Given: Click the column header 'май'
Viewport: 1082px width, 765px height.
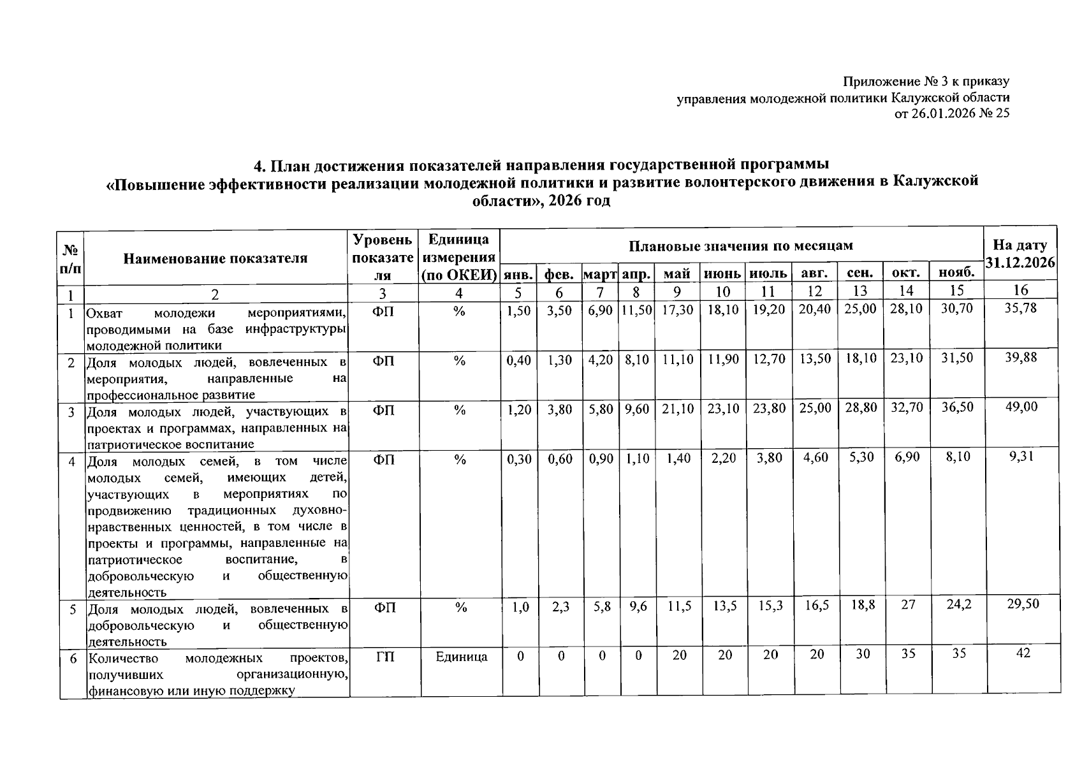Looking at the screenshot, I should (677, 274).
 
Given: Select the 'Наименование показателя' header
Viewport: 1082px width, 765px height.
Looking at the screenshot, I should (216, 258).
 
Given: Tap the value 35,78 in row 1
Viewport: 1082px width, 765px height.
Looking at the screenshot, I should (1021, 309).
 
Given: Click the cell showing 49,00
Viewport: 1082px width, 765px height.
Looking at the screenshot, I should (1021, 407).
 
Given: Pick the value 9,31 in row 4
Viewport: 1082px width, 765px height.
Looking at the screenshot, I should (1021, 456).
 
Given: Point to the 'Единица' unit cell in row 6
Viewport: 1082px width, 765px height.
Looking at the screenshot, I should (462, 657).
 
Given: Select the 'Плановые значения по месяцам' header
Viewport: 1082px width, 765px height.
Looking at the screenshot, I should (741, 245).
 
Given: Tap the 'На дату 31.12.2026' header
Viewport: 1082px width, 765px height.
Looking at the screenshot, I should (1020, 254).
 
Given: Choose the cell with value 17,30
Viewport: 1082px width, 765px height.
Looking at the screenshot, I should (677, 309).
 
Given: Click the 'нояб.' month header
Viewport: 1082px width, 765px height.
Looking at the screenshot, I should (956, 273).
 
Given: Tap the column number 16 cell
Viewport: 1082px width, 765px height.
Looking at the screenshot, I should (1021, 291).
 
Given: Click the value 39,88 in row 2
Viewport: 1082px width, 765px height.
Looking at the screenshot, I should (1021, 358).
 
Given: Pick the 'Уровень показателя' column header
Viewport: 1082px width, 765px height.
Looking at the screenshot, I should (383, 258).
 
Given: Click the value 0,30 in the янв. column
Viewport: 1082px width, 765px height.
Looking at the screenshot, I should (519, 458).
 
